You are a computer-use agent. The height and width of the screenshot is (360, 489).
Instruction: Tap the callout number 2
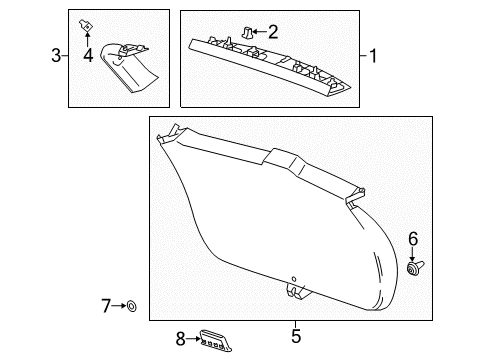pyautogui.click(x=273, y=32)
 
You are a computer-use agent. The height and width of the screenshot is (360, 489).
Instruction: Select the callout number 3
pyautogui.click(x=57, y=55)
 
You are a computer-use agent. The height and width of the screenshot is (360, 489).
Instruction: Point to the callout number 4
pyautogui.click(x=88, y=55)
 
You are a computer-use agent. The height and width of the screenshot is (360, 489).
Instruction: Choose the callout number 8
pyautogui.click(x=181, y=339)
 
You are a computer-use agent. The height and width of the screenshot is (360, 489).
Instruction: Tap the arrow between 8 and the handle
pyautogui.click(x=194, y=339)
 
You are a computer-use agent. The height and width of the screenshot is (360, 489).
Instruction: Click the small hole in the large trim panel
pyautogui.click(x=293, y=278)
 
